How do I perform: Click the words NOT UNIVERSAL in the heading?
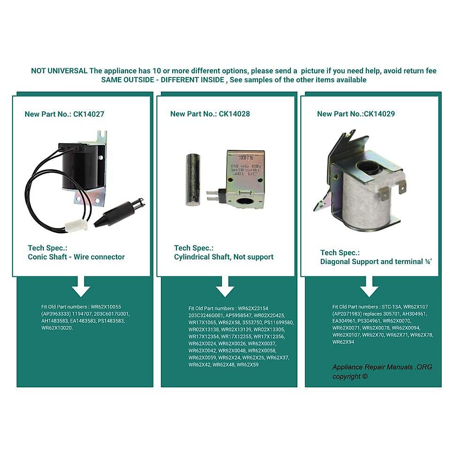59,71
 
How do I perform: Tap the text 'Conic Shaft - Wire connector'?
76,257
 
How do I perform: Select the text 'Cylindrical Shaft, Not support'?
223,257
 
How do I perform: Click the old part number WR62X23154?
253,309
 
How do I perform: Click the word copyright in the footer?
346,376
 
